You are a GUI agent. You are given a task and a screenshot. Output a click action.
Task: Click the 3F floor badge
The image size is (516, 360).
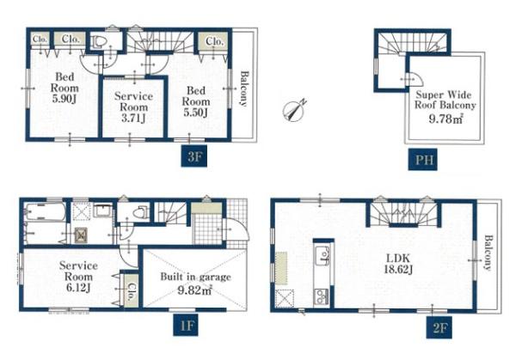[194, 156]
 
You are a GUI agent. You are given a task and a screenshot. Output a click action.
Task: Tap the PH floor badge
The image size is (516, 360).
[422, 160]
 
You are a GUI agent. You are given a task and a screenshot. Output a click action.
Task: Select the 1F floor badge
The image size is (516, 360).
[186, 325]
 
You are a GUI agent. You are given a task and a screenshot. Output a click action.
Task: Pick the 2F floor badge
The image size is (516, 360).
[439, 327]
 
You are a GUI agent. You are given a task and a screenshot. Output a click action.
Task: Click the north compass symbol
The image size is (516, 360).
[294, 109]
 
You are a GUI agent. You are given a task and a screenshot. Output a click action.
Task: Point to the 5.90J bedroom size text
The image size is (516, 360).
[64, 100]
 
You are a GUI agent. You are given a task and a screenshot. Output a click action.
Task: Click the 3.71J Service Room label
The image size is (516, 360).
[133, 107]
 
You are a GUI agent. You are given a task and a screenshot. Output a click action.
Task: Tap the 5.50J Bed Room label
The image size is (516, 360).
[196, 101]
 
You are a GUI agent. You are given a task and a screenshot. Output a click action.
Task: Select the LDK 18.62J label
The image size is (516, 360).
[398, 264]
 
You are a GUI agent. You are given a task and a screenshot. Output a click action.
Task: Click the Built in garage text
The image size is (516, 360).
[195, 277]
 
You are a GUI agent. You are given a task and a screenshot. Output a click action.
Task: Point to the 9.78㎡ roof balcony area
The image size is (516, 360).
[446, 119]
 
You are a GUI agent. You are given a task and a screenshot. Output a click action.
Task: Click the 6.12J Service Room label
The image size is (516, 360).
[78, 277]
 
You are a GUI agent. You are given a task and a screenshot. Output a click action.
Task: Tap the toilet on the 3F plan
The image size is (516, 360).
[100, 42]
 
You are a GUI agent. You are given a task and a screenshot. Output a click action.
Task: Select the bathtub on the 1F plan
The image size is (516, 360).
[46, 212]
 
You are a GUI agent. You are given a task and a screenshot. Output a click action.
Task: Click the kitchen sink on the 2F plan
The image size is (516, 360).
[322, 255]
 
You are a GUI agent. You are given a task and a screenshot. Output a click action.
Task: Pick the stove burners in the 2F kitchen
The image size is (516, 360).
[321, 296]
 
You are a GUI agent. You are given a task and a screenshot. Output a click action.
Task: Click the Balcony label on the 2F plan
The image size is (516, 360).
[488, 252]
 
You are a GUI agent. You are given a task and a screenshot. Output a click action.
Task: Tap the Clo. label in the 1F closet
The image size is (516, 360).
[132, 292]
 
